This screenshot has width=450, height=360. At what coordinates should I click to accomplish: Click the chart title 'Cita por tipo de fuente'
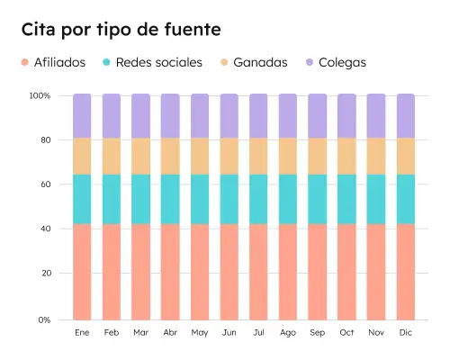click(x=121, y=30)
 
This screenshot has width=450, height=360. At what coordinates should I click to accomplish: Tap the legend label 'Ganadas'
click(x=260, y=63)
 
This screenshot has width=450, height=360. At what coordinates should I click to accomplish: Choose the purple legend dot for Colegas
click(x=310, y=63)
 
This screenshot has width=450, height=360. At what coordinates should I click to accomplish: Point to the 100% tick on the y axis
click(x=40, y=95)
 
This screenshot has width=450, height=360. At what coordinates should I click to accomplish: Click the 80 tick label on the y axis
click(x=44, y=140)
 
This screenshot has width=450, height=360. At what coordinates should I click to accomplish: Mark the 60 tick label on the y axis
click(x=44, y=184)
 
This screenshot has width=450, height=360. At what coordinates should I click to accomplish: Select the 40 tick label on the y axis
click(x=44, y=229)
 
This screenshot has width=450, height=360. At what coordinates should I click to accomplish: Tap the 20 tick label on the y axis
click(x=44, y=273)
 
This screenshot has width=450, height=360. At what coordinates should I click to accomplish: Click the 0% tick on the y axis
click(x=43, y=319)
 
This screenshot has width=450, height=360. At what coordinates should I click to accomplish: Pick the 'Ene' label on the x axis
click(x=82, y=333)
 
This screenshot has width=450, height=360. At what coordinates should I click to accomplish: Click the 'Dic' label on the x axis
click(x=406, y=333)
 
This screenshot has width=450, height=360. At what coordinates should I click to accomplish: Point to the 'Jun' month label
click(x=229, y=333)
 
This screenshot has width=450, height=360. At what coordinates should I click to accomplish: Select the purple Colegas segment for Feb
click(x=112, y=115)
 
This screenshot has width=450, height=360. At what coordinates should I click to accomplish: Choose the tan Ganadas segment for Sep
click(x=318, y=156)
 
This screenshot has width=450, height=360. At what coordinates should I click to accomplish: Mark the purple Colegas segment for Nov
click(x=376, y=115)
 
